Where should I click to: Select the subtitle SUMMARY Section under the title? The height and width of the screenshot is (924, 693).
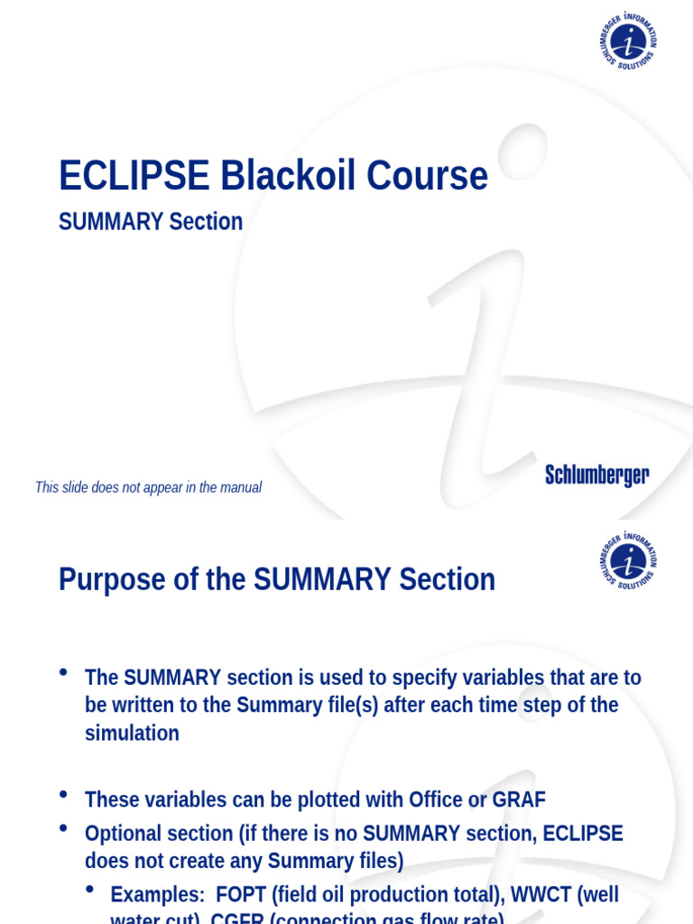[x=151, y=222]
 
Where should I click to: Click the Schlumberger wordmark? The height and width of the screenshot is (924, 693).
[x=596, y=476]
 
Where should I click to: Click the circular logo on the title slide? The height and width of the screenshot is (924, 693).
[x=628, y=42]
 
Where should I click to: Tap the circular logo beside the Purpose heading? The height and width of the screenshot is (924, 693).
[x=628, y=560]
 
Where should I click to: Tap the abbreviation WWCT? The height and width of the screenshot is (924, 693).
[x=540, y=894]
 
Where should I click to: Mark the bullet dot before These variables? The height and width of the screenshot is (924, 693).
[x=63, y=794]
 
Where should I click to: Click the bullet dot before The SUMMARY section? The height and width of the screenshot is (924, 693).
[x=63, y=671]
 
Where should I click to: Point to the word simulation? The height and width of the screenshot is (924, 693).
[x=132, y=733]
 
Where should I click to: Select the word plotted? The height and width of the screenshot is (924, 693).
[x=327, y=799]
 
